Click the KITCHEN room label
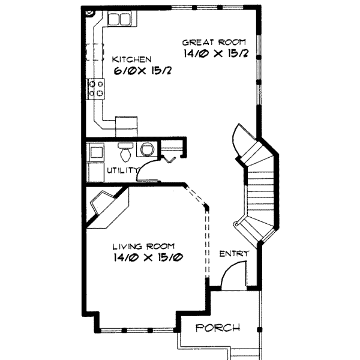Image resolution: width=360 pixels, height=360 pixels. (x=131, y=59)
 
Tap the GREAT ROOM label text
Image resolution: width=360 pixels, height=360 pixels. (x=214, y=42)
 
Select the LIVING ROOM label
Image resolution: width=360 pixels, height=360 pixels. (x=144, y=246)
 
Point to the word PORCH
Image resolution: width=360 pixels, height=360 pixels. (x=218, y=328)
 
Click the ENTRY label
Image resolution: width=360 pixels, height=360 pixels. (x=233, y=254)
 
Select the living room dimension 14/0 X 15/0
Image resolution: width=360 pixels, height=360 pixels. (x=147, y=258)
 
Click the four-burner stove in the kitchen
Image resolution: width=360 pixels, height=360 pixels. (x=97, y=89)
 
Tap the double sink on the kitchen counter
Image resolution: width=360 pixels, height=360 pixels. (x=118, y=19)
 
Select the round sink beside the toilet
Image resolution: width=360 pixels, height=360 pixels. (x=146, y=151)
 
